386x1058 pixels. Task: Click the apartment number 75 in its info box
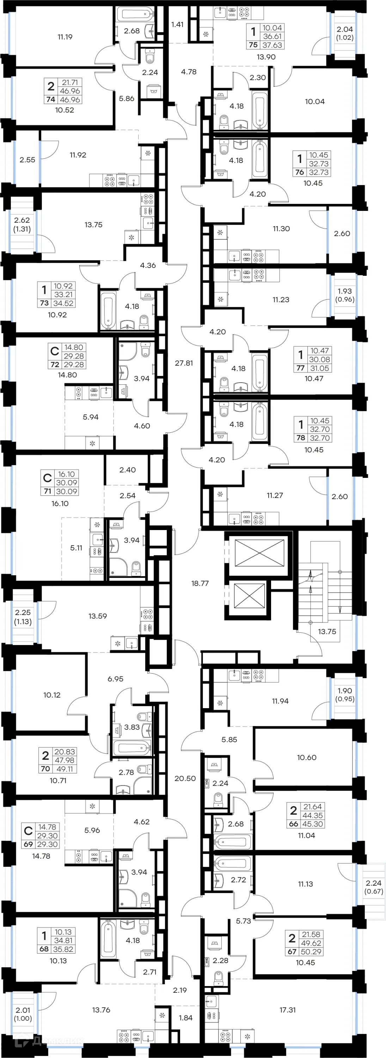[253, 45]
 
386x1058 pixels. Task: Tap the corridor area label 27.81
[184, 363]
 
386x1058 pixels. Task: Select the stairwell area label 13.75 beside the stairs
[327, 631]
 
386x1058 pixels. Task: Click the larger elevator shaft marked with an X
[259, 553]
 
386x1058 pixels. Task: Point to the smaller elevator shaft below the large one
[249, 596]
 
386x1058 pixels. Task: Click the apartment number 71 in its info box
[47, 491]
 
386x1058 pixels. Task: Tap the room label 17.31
[287, 1010]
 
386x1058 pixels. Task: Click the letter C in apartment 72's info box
[55, 351]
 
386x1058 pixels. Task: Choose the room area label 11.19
[65, 37]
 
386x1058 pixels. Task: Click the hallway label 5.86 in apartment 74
[127, 99]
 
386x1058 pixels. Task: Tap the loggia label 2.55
[27, 160]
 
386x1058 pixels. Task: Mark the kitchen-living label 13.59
[97, 616]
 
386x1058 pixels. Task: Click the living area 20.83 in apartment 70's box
[65, 752]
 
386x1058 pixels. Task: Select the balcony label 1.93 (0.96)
[344, 295]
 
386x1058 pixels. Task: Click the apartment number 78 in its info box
[301, 438]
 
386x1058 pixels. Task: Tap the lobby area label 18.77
[200, 583]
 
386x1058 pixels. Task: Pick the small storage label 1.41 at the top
[177, 25]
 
